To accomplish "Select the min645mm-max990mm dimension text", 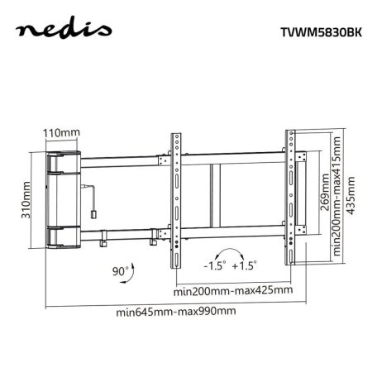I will pyautogui.click(x=175, y=312).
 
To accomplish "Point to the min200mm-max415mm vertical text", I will pyautogui.click(x=339, y=198).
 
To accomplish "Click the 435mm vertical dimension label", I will pyautogui.click(x=353, y=198).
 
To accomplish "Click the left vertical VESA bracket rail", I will pyautogui.click(x=177, y=198).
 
